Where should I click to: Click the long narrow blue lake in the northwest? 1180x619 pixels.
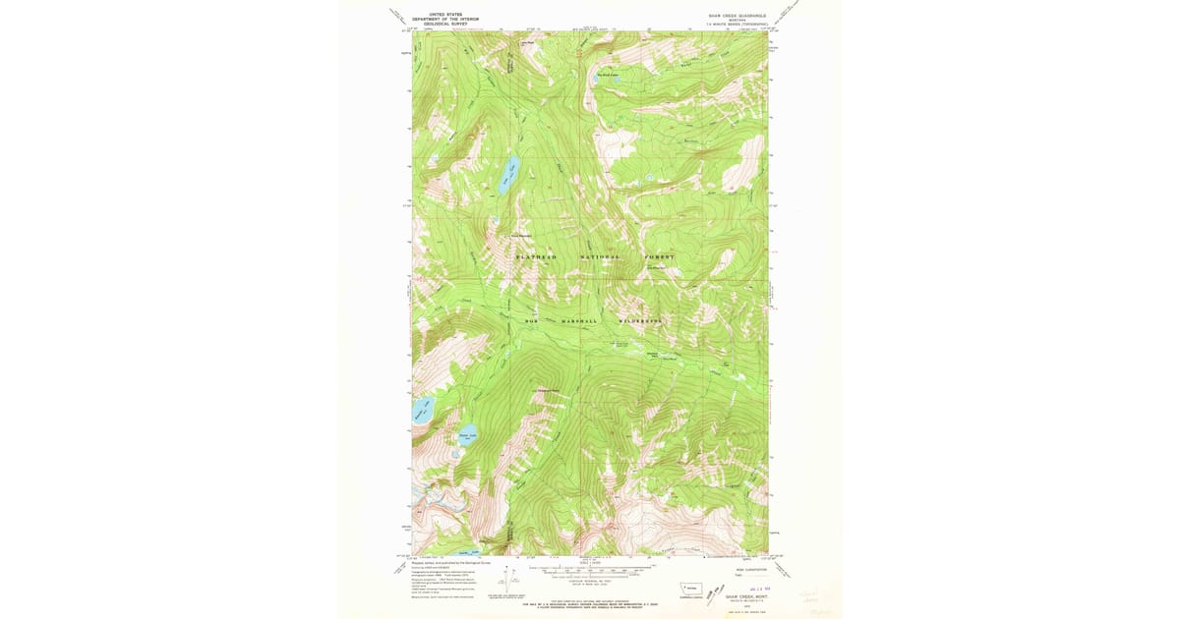tap(507, 174)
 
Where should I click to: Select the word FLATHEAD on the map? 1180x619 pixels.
tap(537, 257)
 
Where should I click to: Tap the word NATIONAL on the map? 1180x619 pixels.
tap(600, 257)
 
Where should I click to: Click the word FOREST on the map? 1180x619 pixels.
tap(660, 257)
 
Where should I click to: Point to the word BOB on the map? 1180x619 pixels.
tap(532, 321)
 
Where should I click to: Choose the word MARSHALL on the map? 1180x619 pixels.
tap(579, 321)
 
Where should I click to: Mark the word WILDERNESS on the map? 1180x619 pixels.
tap(640, 321)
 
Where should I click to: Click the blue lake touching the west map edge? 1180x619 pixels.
tap(421, 409)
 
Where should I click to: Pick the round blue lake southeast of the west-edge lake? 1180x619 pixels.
tap(468, 432)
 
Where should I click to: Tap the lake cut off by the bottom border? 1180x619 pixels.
tap(459, 553)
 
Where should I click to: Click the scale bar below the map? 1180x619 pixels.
tap(590, 570)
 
